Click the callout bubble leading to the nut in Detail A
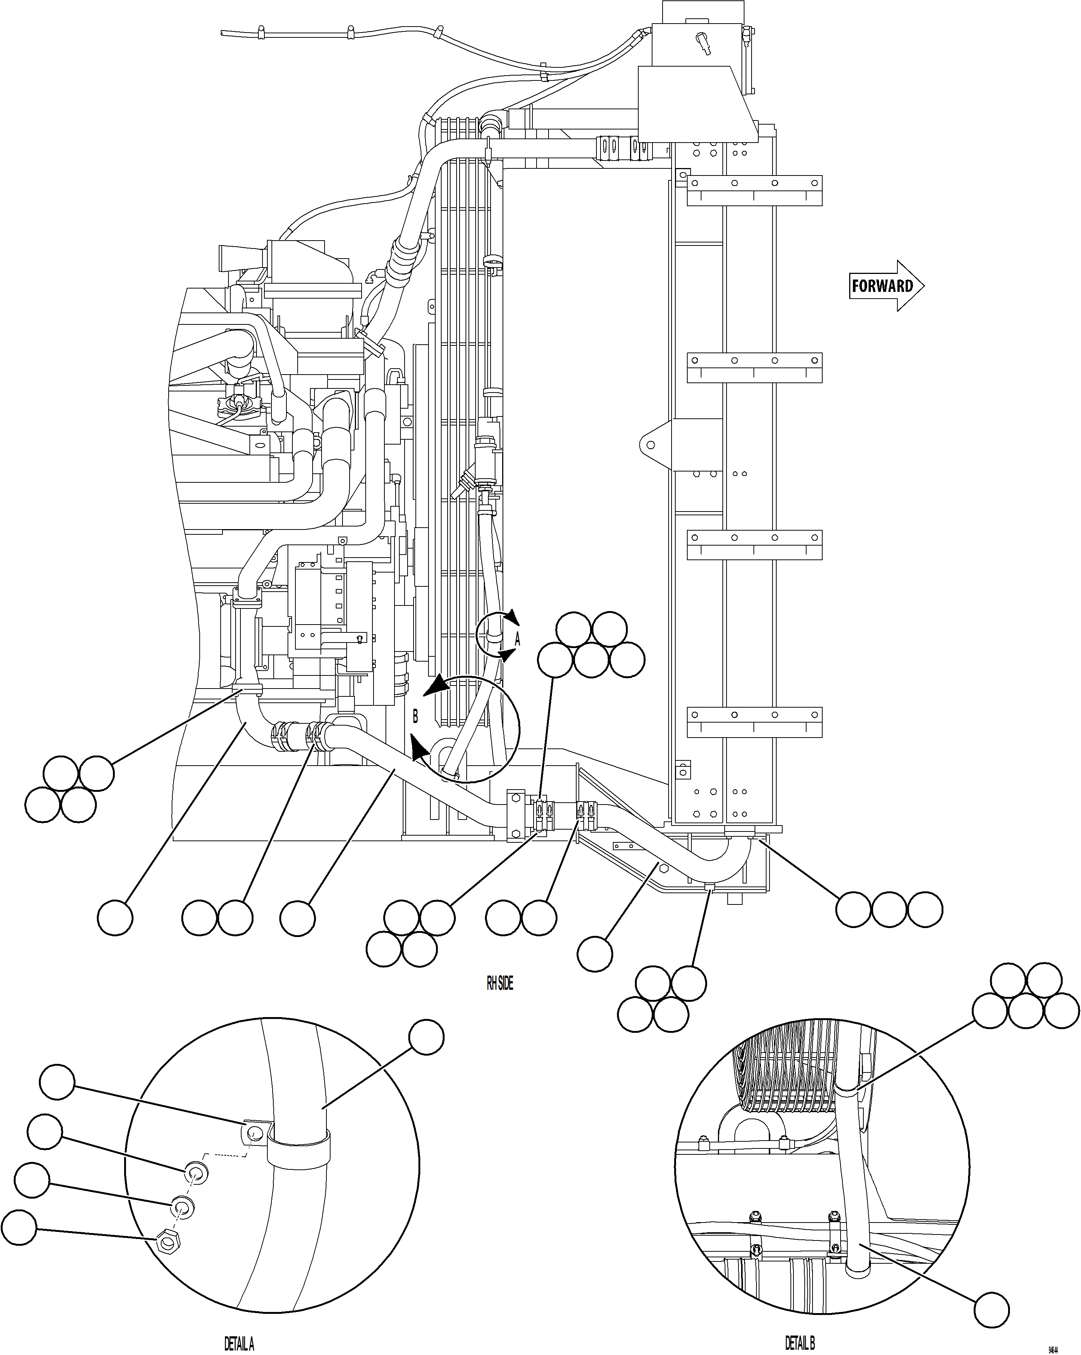(19, 1227)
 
